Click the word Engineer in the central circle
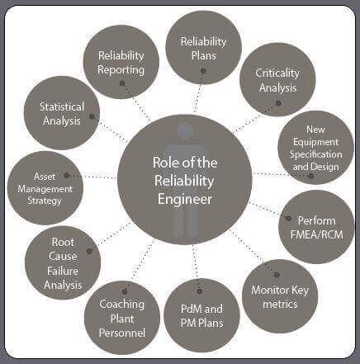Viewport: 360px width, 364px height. [x=185, y=200]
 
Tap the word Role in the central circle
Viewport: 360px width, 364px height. [x=164, y=163]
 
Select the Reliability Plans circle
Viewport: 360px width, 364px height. [x=203, y=47]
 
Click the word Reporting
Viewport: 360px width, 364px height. [x=121, y=70]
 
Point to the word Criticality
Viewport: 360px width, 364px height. [x=277, y=73]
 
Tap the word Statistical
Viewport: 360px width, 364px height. [x=62, y=106]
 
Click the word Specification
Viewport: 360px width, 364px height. [x=316, y=154]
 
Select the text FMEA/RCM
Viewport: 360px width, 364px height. [x=317, y=234]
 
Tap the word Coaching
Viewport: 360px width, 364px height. [x=121, y=305]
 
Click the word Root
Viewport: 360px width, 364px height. [x=63, y=242]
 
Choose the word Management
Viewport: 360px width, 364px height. [x=45, y=189]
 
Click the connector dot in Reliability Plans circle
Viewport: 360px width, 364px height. [x=203, y=71]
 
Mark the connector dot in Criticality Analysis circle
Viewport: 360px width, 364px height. [x=278, y=103]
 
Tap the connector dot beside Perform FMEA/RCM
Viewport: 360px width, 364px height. [x=288, y=219]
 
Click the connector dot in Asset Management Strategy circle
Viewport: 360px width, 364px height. [x=66, y=175]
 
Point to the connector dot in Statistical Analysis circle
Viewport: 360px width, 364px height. [x=92, y=116]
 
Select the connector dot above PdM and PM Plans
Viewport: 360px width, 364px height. [x=200, y=291]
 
